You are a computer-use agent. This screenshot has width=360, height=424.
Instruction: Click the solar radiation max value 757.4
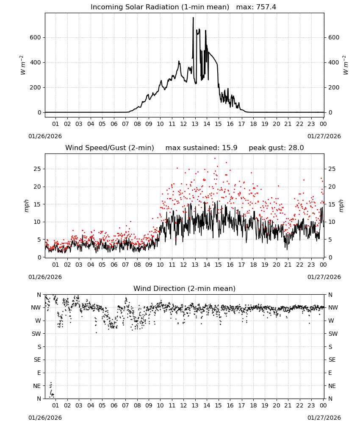point(266,7)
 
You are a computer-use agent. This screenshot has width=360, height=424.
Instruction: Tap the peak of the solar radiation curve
point(193,17)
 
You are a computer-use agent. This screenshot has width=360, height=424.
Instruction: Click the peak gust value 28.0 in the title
point(295,148)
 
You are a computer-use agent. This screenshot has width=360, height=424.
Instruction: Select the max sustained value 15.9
point(230,148)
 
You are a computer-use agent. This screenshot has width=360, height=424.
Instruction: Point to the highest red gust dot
point(215,159)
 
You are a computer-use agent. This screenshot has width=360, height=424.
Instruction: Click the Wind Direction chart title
point(185,288)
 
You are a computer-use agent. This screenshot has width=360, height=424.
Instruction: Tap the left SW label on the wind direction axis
point(36,334)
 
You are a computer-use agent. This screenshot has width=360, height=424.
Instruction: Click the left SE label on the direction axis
point(37,360)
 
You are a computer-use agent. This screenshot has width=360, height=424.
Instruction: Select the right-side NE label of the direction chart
point(332,386)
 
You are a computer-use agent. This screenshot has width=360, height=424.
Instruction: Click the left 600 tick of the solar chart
point(36,37)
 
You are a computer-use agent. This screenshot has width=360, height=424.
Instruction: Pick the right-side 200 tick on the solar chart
point(334,87)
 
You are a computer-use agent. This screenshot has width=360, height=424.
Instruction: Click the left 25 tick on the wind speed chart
point(37,169)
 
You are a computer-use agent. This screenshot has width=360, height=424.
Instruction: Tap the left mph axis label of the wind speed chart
point(26,206)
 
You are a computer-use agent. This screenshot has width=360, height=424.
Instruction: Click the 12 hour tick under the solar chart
point(183,124)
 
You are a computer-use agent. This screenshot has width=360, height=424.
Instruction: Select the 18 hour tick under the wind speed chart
point(253,265)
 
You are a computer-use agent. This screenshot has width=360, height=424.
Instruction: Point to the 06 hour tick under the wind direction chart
point(114,405)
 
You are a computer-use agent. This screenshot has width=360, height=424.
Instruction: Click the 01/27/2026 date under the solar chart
point(324,136)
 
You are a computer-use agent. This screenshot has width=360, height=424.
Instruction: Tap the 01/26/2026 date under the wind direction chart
point(45,418)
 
